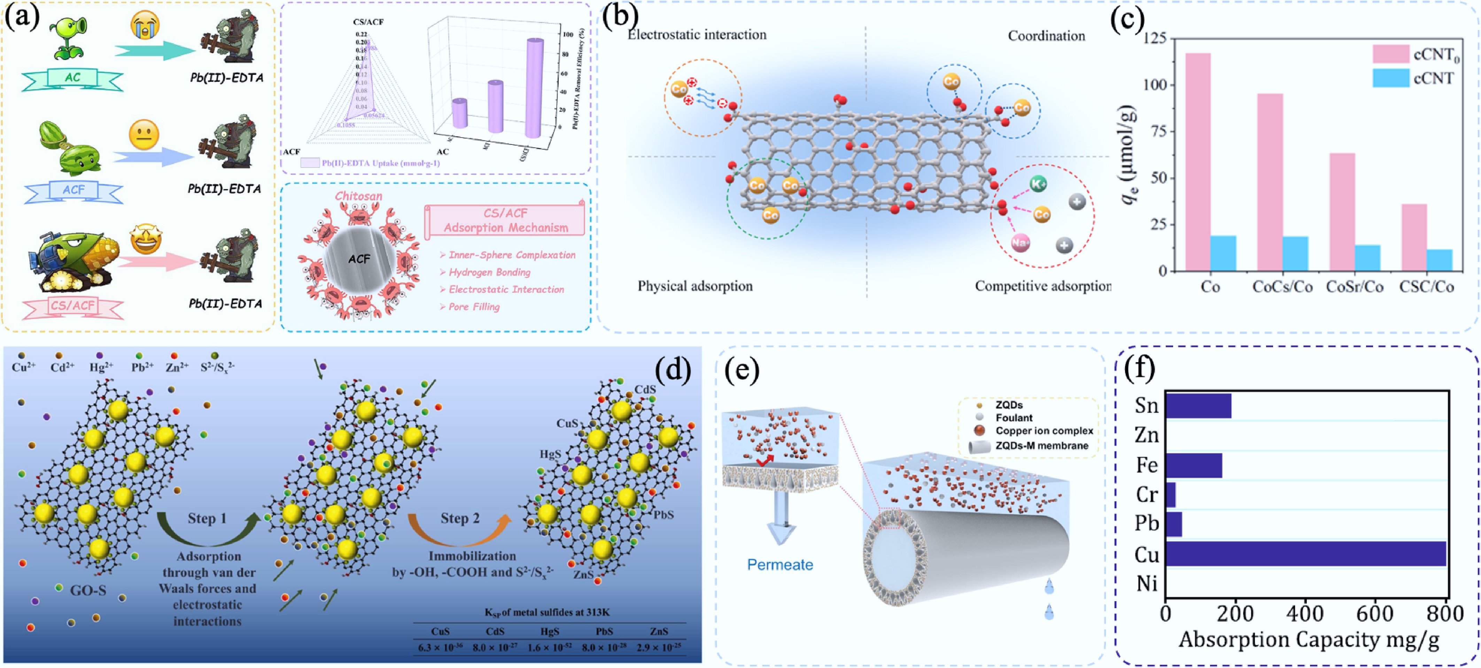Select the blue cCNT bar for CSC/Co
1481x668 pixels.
(x=1439, y=260)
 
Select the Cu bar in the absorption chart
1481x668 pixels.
(x=1305, y=554)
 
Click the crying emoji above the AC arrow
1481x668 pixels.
(x=145, y=26)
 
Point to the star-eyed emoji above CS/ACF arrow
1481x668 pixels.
(x=146, y=239)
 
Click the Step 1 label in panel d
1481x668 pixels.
(x=207, y=519)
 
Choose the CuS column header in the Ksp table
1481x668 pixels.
(x=440, y=631)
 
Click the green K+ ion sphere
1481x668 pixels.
(x=1038, y=184)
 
